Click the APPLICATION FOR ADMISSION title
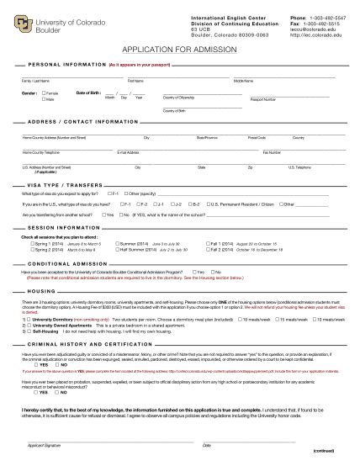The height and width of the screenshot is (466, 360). (179, 50)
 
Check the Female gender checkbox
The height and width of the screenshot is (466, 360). (44, 93)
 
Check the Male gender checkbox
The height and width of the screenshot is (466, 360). (44, 98)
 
